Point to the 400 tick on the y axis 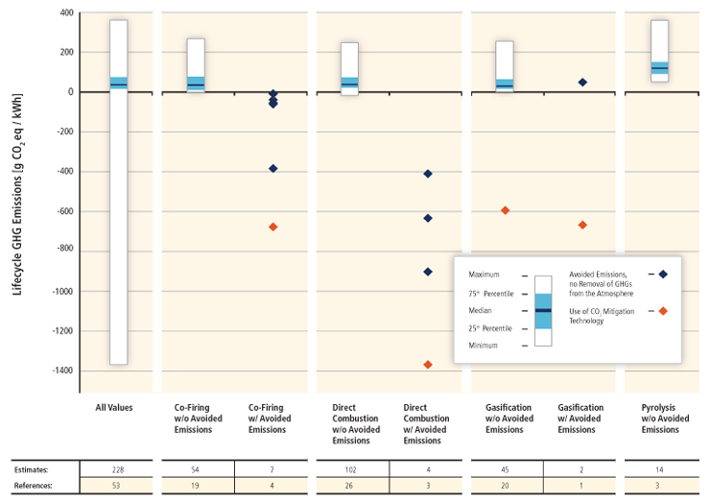[x=65, y=13]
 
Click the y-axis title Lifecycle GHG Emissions [x=18, y=191]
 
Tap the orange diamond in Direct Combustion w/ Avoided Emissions [x=428, y=365]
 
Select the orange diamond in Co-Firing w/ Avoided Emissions [x=273, y=227]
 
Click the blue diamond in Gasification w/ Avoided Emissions [x=582, y=83]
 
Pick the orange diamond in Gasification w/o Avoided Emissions [x=505, y=210]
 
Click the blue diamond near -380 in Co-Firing [x=273, y=168]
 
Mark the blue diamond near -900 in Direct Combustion [x=428, y=272]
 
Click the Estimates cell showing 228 [x=119, y=469]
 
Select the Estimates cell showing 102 [x=350, y=469]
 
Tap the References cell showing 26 [x=350, y=487]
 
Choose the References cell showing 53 [x=119, y=487]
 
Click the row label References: [x=32, y=487]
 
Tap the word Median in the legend [x=483, y=311]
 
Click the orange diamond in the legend [x=662, y=311]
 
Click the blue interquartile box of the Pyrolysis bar [x=659, y=67]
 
